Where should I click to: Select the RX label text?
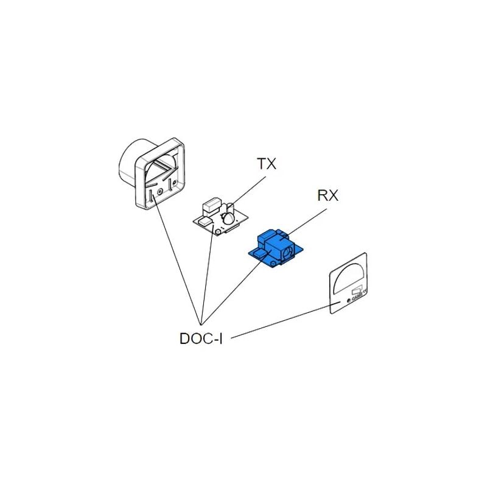coord(328,195)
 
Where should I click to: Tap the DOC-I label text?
coord(201,338)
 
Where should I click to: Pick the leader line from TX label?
coord(250,191)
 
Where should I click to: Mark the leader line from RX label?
coord(307,222)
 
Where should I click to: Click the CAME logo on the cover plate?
coord(357,298)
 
